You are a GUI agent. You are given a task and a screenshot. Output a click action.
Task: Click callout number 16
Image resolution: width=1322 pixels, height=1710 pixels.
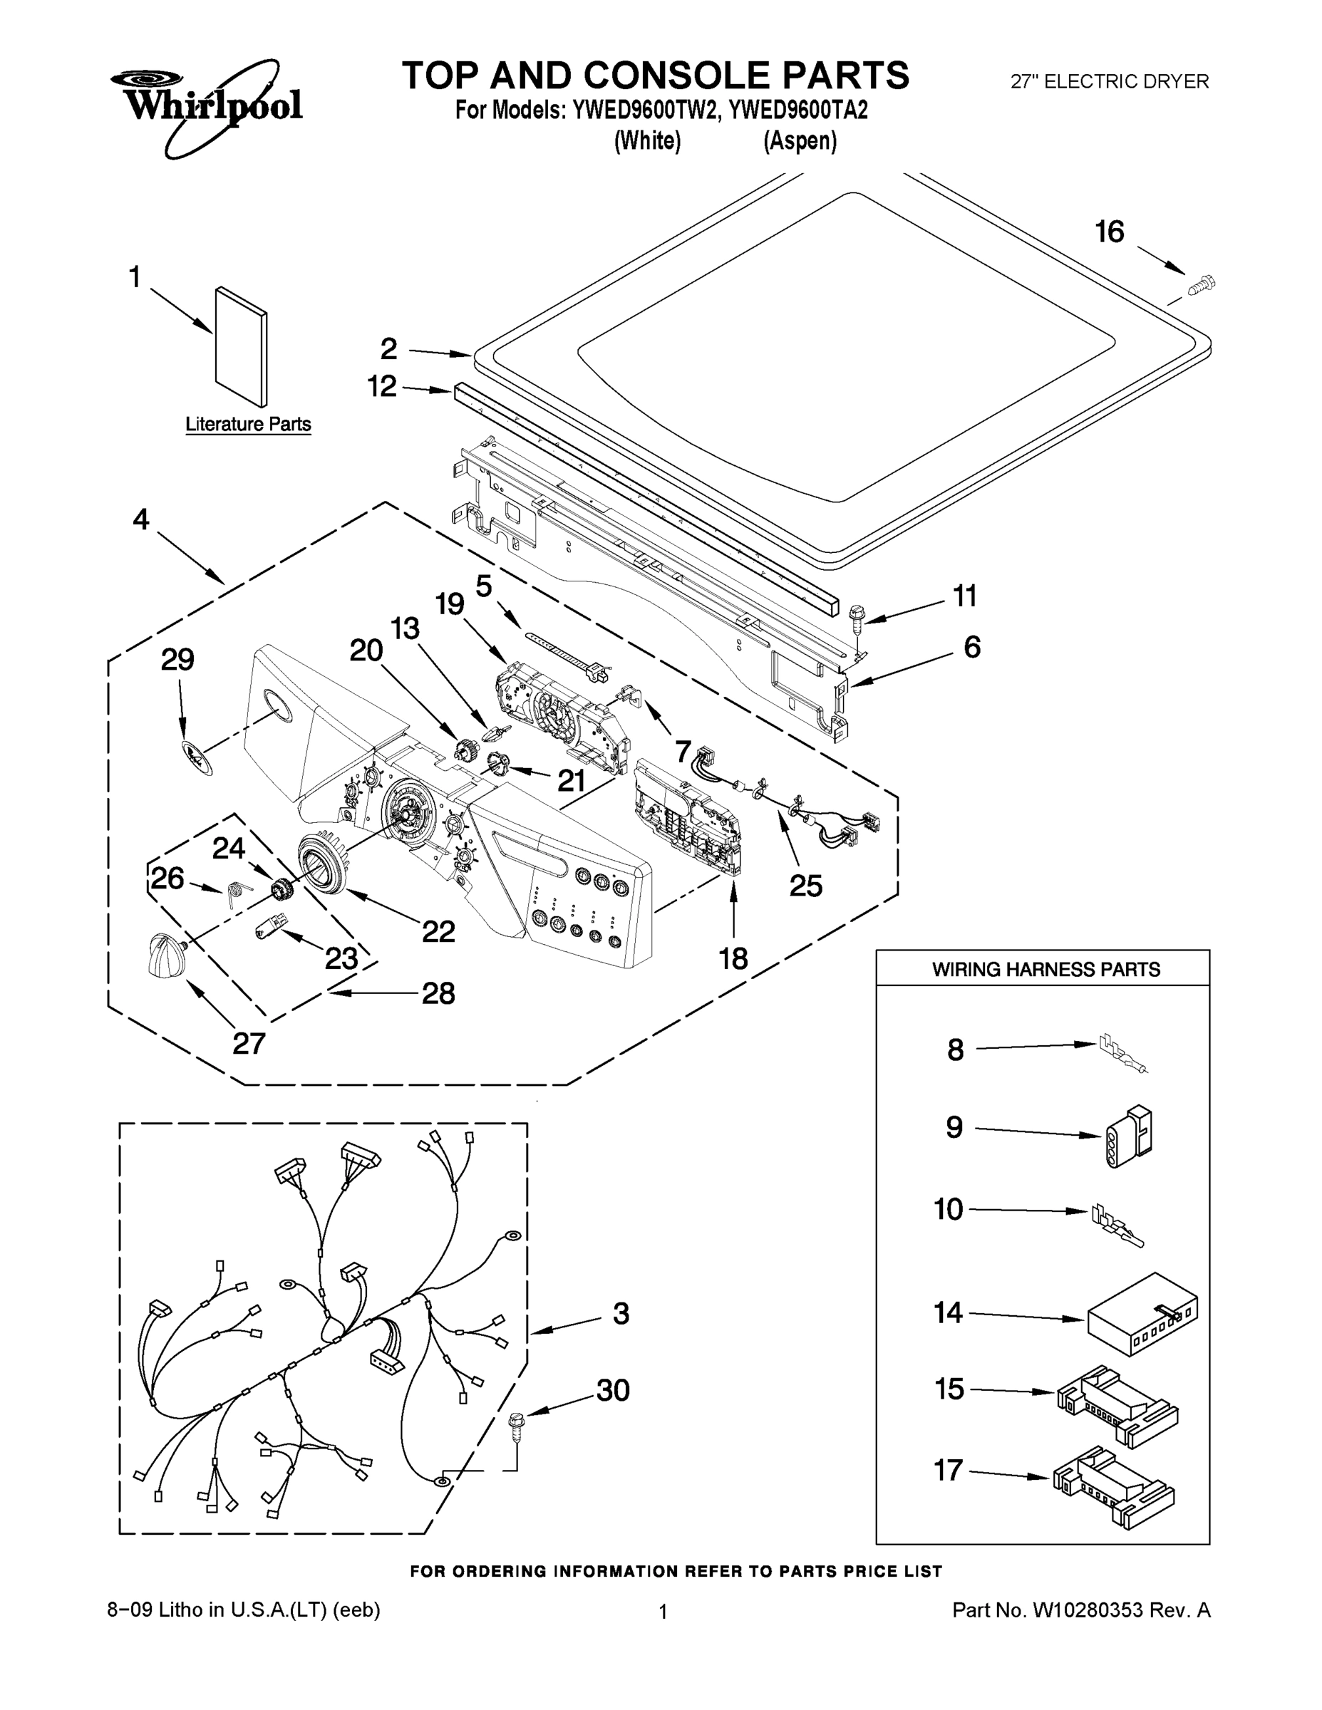point(1109,232)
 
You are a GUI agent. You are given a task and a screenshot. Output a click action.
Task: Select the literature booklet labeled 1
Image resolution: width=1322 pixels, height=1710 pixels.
point(240,346)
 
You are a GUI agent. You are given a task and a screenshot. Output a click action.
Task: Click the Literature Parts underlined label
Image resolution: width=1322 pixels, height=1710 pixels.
point(248,425)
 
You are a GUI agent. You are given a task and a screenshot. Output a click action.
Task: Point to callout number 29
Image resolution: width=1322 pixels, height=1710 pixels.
point(177,660)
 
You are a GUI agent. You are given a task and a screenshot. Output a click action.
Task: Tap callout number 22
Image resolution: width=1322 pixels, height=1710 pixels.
point(438,931)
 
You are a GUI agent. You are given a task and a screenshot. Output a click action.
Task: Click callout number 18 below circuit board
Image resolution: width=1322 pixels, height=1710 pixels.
point(734,958)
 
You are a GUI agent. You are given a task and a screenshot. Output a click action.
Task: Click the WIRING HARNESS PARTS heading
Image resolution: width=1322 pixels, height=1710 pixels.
point(1045,969)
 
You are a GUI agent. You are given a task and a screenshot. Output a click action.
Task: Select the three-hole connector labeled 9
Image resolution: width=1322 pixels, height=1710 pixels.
point(1130,1137)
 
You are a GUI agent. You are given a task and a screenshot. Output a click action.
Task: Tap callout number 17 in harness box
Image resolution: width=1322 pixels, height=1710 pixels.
point(949,1470)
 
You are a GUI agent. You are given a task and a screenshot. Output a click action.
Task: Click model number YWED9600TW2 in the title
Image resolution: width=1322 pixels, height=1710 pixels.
point(644,110)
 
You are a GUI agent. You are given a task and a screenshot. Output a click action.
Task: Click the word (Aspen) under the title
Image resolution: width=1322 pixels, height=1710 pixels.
point(800,141)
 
